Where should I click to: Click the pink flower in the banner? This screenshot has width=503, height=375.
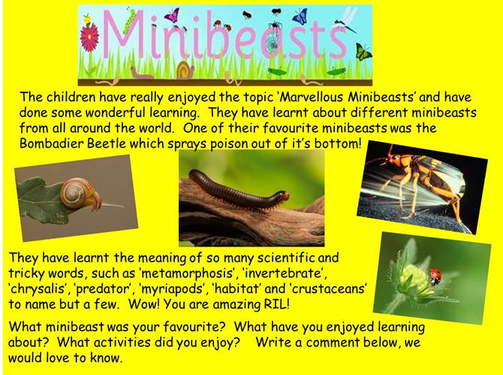pyautogui.click(x=89, y=38)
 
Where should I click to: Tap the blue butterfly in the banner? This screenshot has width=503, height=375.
pyautogui.click(x=300, y=16)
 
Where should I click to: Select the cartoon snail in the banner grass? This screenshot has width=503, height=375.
pyautogui.click(x=185, y=70)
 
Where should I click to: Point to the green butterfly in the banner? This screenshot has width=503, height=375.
pyautogui.click(x=363, y=52)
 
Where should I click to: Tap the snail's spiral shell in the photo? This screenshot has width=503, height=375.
pyautogui.click(x=76, y=192)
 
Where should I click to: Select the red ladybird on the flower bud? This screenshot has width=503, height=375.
pyautogui.click(x=435, y=276)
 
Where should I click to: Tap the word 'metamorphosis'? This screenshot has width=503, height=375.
pyautogui.click(x=187, y=274)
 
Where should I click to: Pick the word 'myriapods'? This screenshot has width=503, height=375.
pyautogui.click(x=174, y=289)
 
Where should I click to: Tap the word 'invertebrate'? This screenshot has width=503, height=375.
pyautogui.click(x=282, y=274)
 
